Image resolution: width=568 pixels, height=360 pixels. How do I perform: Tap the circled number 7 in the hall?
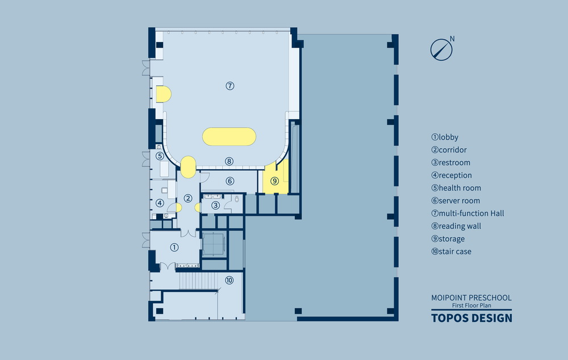coord(230,86)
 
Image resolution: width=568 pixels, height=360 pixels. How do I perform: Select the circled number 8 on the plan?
coord(229,161)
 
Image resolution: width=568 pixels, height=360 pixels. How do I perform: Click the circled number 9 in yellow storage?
coord(275,181)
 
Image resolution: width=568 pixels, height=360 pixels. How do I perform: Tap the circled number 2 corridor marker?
coord(187,199)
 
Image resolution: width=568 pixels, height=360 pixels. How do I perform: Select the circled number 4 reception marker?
coord(160,203)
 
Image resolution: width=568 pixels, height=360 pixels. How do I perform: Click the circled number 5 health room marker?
coord(160,156)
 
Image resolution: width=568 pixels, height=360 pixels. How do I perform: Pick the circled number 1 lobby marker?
coord(174,247)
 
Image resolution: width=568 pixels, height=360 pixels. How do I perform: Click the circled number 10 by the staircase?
coord(229,280)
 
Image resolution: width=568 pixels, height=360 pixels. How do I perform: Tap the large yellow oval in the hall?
coord(229,136)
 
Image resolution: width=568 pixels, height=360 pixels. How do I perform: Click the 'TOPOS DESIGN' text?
coord(471,317)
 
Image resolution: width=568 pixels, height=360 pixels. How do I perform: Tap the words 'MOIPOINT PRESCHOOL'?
coord(471,298)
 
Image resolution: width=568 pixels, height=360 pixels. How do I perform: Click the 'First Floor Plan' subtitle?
coord(471,306)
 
